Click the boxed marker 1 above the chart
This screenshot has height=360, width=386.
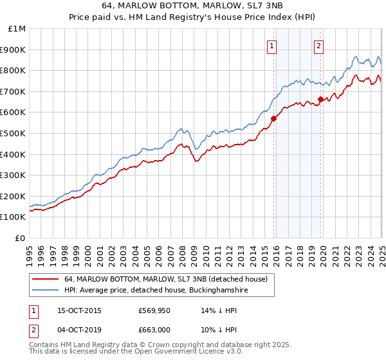tap(272, 46)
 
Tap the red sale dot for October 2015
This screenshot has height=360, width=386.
tap(273, 118)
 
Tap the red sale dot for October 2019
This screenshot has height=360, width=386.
tap(320, 99)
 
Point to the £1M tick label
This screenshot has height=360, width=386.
tap(17, 29)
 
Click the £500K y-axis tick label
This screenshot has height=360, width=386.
tap(14, 134)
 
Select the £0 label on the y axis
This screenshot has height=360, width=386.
tap(21, 238)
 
